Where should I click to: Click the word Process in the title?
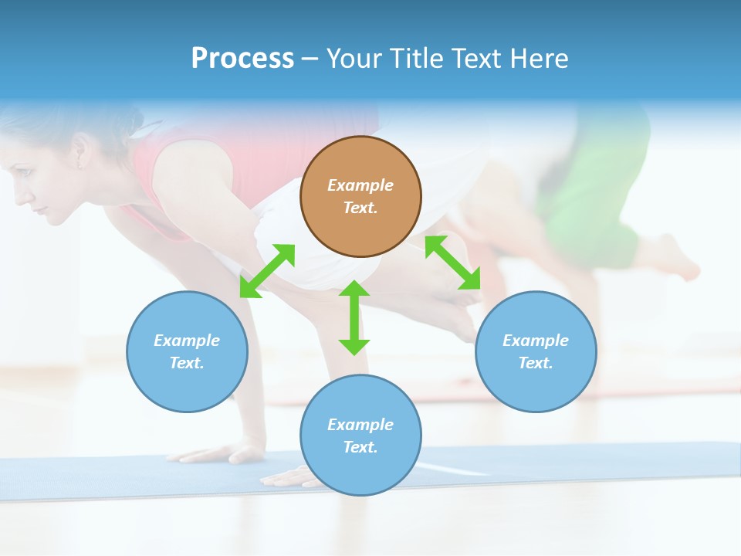pyautogui.click(x=242, y=59)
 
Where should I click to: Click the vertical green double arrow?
pyautogui.click(x=354, y=317)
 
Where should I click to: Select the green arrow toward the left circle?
pyautogui.click(x=267, y=271)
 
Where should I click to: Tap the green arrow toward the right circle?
pyautogui.click(x=452, y=263)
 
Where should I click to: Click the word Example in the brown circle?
pyautogui.click(x=360, y=185)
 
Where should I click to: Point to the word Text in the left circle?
pyautogui.click(x=187, y=363)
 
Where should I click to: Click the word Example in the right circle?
pyautogui.click(x=536, y=341)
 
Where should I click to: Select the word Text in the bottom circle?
pyautogui.click(x=360, y=447)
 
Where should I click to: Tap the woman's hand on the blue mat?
pyautogui.click(x=286, y=477)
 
